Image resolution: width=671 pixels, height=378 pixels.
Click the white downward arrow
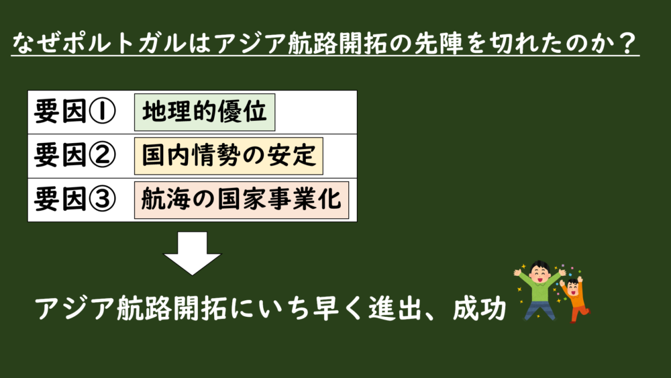click(192, 253)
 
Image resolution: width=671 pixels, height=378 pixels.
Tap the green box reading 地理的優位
click(205, 112)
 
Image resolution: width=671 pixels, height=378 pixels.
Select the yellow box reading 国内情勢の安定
click(229, 156)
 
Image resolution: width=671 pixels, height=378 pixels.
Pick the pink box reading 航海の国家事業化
click(242, 200)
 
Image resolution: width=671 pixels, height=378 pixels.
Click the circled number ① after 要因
click(102, 111)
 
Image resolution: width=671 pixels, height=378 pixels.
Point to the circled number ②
click(102, 155)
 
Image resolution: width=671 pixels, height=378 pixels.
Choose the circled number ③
click(102, 199)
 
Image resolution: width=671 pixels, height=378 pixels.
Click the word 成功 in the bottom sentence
click(479, 308)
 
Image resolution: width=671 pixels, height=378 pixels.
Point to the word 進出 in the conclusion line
click(395, 308)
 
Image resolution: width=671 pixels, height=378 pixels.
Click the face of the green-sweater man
click(539, 274)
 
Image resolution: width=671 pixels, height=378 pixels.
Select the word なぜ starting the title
click(36, 43)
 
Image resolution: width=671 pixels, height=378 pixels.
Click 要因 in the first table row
click(60, 111)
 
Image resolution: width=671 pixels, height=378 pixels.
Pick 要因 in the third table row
click(60, 199)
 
